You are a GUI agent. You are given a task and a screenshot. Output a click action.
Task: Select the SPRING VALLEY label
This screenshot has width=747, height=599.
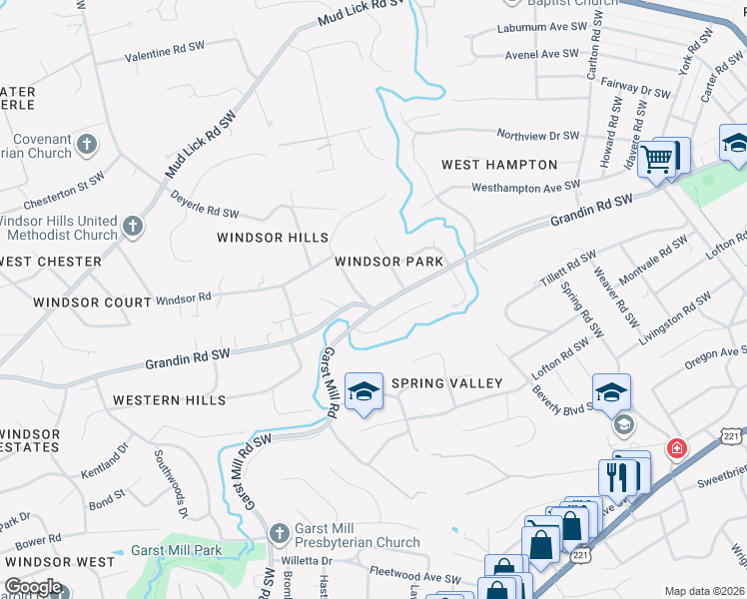click(446, 383)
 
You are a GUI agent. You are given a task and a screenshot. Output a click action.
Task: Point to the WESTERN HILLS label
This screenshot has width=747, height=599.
click(169, 400)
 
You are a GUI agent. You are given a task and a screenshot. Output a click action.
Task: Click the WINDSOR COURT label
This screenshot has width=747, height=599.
click(78, 301)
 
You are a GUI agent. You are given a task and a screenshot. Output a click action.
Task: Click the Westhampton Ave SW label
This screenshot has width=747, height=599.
click(525, 187)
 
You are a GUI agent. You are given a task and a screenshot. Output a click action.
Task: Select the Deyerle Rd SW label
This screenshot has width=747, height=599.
click(205, 205)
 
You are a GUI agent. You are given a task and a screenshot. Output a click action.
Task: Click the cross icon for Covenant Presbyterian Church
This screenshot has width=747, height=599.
click(87, 144)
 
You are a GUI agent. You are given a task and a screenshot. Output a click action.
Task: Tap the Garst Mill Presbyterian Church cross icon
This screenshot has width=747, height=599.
click(279, 533)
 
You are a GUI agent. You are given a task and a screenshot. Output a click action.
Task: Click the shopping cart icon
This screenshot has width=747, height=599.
click(657, 157)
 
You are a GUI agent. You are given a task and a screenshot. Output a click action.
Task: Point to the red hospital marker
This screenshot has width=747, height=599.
click(678, 448)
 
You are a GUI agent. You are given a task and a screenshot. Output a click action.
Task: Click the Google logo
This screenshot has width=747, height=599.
click(33, 587)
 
